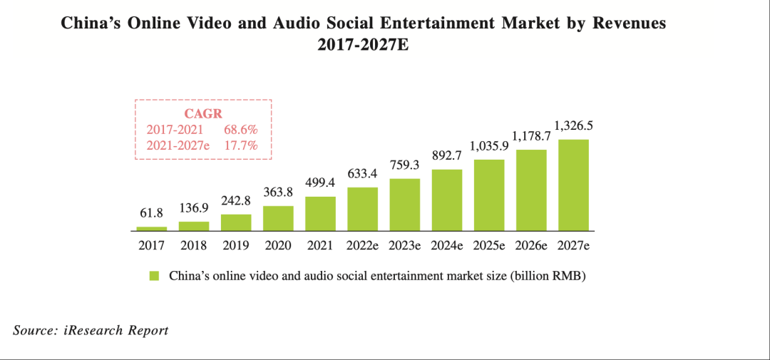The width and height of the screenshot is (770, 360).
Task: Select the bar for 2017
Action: click(x=152, y=229)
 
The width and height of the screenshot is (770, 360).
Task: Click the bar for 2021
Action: click(x=320, y=214)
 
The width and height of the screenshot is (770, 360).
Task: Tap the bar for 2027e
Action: click(x=573, y=185)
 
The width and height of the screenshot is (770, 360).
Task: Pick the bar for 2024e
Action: click(x=447, y=200)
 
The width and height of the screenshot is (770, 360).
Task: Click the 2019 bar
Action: click(x=236, y=222)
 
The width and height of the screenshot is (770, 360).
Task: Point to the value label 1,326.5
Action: click(x=573, y=126)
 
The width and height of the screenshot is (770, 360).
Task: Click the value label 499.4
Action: click(x=320, y=183)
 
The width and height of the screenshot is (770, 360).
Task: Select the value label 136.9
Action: click(x=194, y=208)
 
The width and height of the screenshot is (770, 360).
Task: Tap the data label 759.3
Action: click(x=405, y=165)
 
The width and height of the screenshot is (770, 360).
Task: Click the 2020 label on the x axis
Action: click(x=278, y=246)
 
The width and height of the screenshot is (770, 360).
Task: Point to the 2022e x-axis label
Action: click(x=362, y=246)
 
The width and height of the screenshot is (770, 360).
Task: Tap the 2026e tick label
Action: click(x=531, y=246)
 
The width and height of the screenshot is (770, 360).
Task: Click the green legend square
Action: click(x=154, y=276)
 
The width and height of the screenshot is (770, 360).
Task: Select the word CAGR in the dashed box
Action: click(x=203, y=114)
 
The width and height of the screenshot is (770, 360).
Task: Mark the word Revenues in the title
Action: click(x=625, y=23)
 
